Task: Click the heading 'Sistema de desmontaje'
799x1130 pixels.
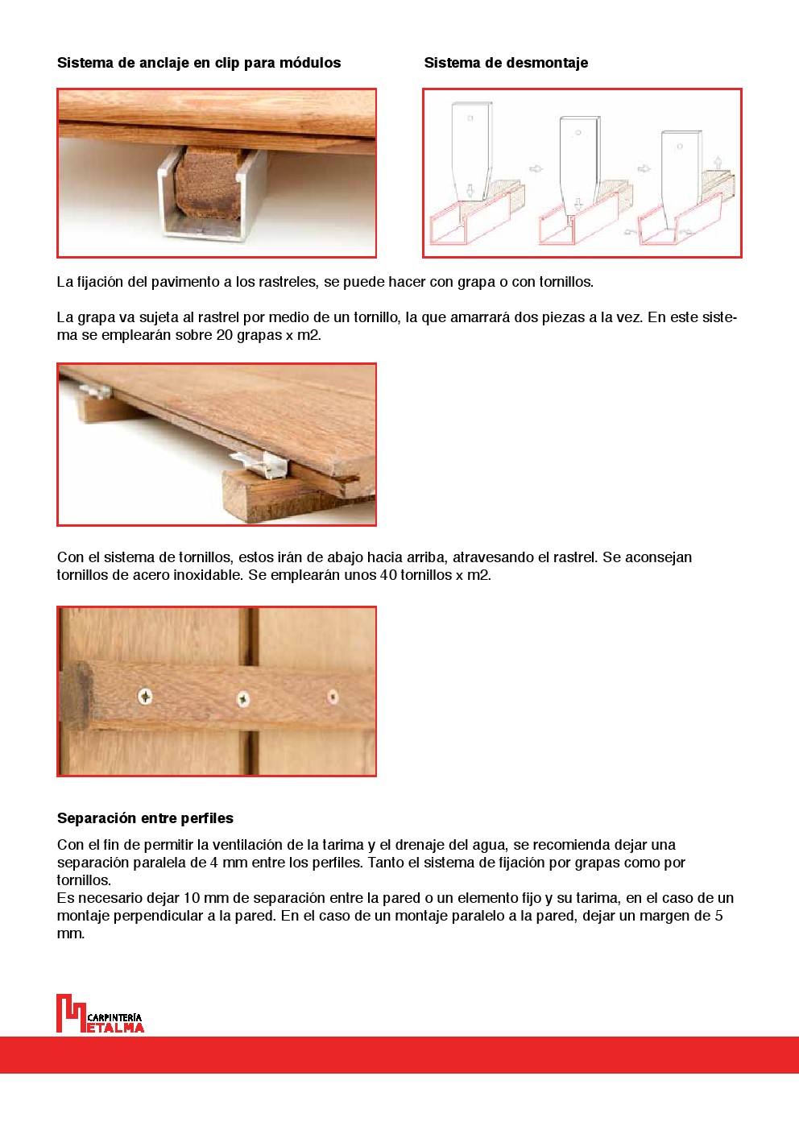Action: pos(506,63)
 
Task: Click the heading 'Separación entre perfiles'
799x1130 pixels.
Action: pos(145,818)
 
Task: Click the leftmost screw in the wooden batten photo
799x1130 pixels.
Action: pos(145,696)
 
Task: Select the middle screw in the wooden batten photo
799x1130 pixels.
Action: pos(242,699)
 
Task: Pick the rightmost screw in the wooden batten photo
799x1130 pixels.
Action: pos(332,697)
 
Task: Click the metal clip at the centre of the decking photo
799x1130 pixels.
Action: pos(263,464)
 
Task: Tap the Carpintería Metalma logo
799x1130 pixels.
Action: pos(100,1014)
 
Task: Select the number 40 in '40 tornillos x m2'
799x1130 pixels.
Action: pos(388,575)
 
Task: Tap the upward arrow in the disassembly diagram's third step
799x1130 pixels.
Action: pos(718,162)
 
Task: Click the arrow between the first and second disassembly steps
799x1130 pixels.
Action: pos(536,169)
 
